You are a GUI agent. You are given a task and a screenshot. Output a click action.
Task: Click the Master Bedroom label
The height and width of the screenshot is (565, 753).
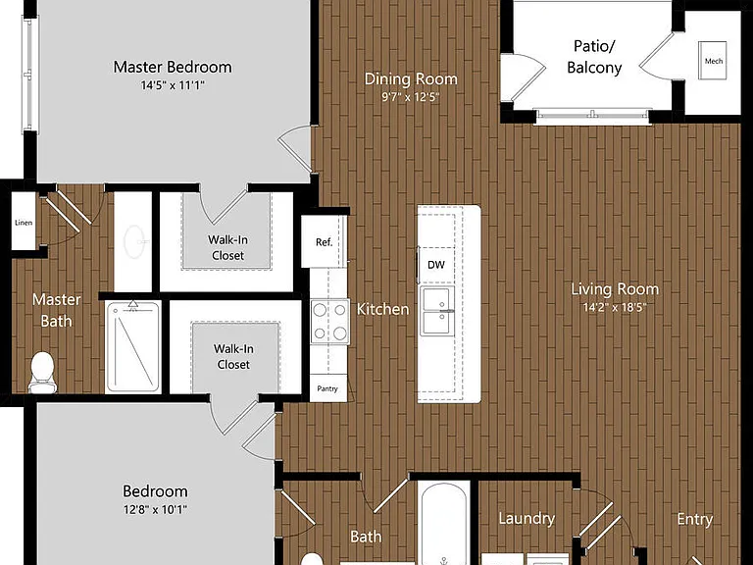pyautogui.click(x=173, y=67)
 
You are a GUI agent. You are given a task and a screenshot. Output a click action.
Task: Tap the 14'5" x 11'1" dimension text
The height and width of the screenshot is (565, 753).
pyautogui.click(x=173, y=85)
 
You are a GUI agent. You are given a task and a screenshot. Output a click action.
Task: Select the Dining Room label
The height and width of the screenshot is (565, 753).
pyautogui.click(x=411, y=78)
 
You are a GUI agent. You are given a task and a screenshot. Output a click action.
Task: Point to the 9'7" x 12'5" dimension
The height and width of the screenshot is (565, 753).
pyautogui.click(x=411, y=97)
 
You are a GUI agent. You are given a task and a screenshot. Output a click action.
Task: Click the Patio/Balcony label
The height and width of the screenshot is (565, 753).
pyautogui.click(x=594, y=57)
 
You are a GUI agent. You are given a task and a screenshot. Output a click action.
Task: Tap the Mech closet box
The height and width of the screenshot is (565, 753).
pyautogui.click(x=713, y=61)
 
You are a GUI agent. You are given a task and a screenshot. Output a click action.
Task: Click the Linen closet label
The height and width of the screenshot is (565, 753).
pyautogui.click(x=24, y=223)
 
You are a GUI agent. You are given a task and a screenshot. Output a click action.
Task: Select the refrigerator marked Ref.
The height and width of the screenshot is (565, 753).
pyautogui.click(x=324, y=241)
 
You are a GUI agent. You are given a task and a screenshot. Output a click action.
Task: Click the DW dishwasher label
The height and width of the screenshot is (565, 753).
pyautogui.click(x=436, y=265)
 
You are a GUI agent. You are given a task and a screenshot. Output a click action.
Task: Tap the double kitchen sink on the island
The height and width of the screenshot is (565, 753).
pyautogui.click(x=436, y=311)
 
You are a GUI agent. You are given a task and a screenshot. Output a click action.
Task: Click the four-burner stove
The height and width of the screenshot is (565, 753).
pyautogui.click(x=329, y=322)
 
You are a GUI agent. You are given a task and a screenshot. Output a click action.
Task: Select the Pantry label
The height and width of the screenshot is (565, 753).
pyautogui.click(x=327, y=388)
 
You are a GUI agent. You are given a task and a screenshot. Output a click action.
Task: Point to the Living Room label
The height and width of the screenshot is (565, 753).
pyautogui.click(x=615, y=289)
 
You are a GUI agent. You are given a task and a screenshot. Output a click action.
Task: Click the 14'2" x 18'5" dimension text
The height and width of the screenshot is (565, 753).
pyautogui.click(x=615, y=307)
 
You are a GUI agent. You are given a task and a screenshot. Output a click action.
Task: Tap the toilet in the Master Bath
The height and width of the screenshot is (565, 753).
pyautogui.click(x=42, y=373)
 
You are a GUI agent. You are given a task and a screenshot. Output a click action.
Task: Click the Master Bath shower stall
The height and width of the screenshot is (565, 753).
pyautogui.click(x=133, y=347)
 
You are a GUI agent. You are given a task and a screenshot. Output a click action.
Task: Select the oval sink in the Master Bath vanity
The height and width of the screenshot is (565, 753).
pyautogui.click(x=134, y=241)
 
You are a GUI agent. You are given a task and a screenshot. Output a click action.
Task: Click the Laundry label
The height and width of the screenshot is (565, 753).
pyautogui.click(x=527, y=518)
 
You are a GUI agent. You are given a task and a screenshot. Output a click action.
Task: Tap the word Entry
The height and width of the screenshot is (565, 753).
pyautogui.click(x=694, y=519)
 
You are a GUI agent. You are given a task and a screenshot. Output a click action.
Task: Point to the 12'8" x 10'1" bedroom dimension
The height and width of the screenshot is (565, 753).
pyautogui.click(x=155, y=509)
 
